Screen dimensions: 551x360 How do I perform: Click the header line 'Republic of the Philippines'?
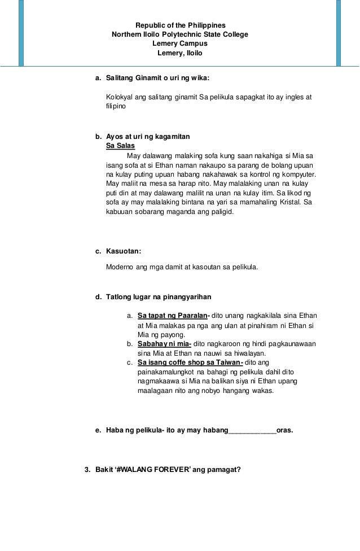click(x=180, y=25)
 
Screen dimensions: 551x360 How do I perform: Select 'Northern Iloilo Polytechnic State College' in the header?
click(x=180, y=34)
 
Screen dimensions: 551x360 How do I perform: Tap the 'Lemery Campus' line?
click(x=180, y=43)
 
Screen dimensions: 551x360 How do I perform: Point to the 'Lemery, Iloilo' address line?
click(x=179, y=53)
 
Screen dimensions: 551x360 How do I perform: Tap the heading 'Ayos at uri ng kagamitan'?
click(x=148, y=137)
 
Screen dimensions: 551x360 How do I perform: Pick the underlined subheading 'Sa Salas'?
click(x=120, y=146)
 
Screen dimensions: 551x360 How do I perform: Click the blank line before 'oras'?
click(x=251, y=431)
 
